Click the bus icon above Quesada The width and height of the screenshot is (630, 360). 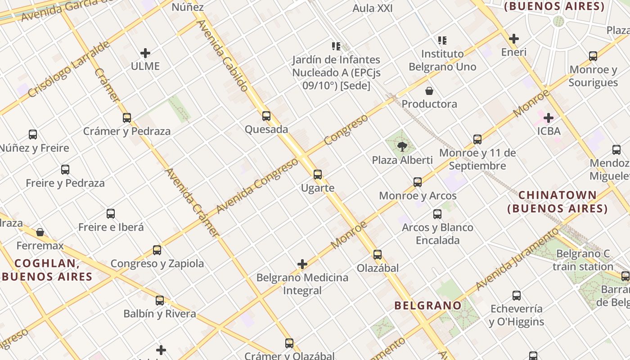tap(266, 116)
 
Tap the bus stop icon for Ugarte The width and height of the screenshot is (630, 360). tap(318, 175)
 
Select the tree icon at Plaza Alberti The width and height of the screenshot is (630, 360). tap(402, 146)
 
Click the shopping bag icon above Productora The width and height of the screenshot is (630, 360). tap(429, 91)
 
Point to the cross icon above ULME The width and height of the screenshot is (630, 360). tap(145, 53)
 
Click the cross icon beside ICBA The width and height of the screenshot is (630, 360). tap(549, 118)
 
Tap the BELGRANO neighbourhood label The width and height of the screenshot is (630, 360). tap(428, 306)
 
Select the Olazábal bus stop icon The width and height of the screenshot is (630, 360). tap(378, 255)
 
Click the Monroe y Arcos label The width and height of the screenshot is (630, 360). tap(418, 196)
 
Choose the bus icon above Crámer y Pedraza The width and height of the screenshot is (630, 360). tap(127, 118)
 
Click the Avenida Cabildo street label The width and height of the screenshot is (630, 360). tap(222, 55)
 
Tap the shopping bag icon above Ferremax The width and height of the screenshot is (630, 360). tap(40, 232)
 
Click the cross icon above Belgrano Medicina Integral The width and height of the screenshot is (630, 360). tap(302, 264)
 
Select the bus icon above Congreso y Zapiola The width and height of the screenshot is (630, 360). tap(157, 250)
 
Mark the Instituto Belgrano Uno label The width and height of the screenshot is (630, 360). tap(442, 60)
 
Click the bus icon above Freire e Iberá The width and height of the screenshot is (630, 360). tap(111, 214)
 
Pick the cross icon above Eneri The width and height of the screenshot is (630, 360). tap(514, 39)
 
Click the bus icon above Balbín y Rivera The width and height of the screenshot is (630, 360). tap(160, 301)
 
